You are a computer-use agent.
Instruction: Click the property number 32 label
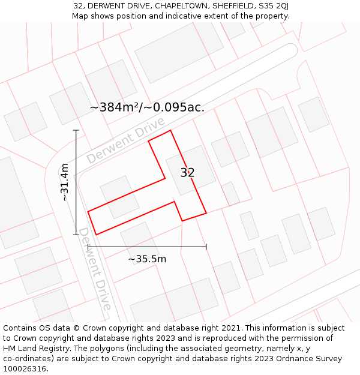pyautogui.click(x=187, y=173)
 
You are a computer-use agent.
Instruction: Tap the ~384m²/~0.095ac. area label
pyautogui.click(x=147, y=107)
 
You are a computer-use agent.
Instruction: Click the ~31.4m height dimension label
pyautogui.click(x=65, y=182)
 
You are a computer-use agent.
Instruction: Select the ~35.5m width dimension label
pyautogui.click(x=147, y=259)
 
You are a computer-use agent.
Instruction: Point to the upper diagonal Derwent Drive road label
pyautogui.click(x=125, y=141)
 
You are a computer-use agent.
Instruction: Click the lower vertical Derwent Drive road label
pyautogui.click(x=95, y=269)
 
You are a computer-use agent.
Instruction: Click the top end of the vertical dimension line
pyautogui.click(x=76, y=130)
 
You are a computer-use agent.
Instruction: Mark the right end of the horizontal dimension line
pyautogui.click(x=206, y=246)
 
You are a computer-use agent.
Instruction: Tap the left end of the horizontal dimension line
pyautogui.click(x=88, y=246)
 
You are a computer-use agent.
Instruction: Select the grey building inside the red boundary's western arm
pyautogui.click(x=119, y=196)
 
